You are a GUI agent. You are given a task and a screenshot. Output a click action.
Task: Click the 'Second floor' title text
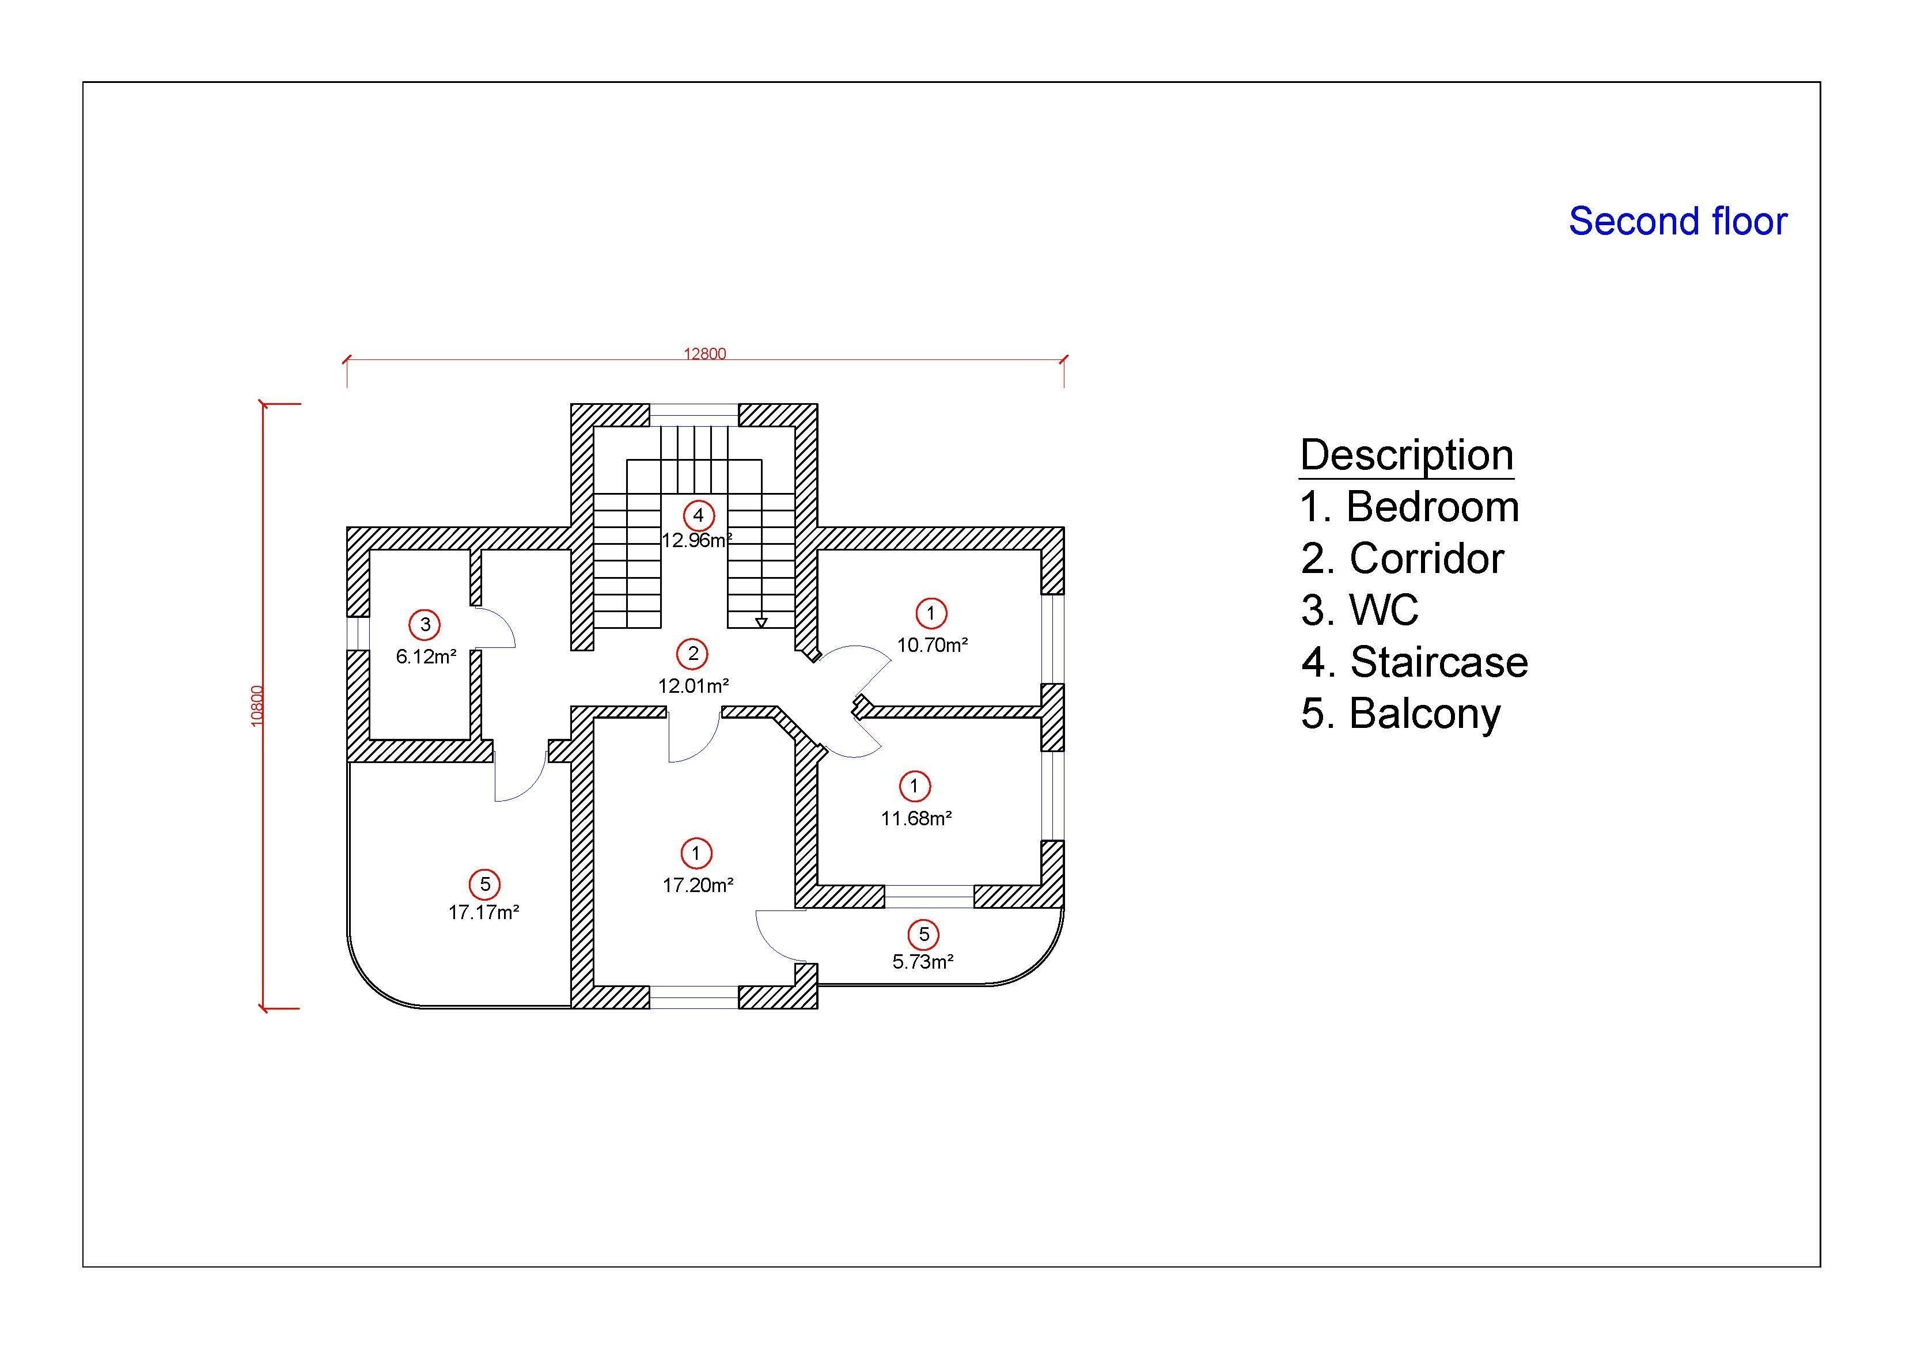(x=1677, y=222)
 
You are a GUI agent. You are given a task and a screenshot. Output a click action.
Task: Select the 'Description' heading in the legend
(x=1406, y=455)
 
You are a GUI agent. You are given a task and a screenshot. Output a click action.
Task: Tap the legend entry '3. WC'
(x=1360, y=610)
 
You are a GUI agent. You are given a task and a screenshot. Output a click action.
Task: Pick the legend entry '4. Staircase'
(x=1414, y=662)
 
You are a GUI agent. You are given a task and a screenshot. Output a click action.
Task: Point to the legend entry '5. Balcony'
(x=1400, y=714)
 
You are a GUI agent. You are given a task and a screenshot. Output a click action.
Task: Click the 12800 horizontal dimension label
(x=705, y=354)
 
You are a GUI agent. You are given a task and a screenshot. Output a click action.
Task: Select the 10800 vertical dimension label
(x=257, y=705)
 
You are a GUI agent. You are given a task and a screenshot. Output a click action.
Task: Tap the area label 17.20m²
(x=698, y=886)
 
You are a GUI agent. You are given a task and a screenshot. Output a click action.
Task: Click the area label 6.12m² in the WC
(x=426, y=657)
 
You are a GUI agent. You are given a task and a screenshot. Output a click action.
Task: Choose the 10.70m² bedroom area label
(x=932, y=645)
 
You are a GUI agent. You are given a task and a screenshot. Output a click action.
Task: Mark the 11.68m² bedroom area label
(x=916, y=818)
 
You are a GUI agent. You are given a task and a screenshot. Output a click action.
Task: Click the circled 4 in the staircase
(x=698, y=515)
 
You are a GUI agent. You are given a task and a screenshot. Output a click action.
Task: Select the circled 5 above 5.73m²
(x=923, y=935)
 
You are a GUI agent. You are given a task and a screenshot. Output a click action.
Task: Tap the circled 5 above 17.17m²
(x=485, y=885)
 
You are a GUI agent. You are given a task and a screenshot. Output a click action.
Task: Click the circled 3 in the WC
(x=425, y=624)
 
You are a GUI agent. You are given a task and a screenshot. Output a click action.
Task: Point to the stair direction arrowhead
(x=761, y=623)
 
